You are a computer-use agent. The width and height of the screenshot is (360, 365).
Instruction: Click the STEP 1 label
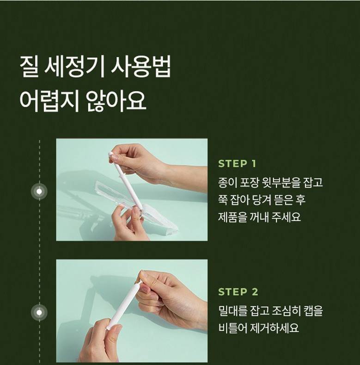(237, 164)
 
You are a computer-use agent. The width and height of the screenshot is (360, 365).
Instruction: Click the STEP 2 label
(238, 291)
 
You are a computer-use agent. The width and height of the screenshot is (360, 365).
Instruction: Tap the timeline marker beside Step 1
(39, 192)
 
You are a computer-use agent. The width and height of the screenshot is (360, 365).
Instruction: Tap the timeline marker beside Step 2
(39, 312)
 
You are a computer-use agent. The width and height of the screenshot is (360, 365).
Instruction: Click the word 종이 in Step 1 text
(226, 182)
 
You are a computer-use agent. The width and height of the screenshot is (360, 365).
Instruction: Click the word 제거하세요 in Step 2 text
(275, 328)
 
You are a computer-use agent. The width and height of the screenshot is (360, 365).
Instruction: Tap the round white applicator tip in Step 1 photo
(111, 155)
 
